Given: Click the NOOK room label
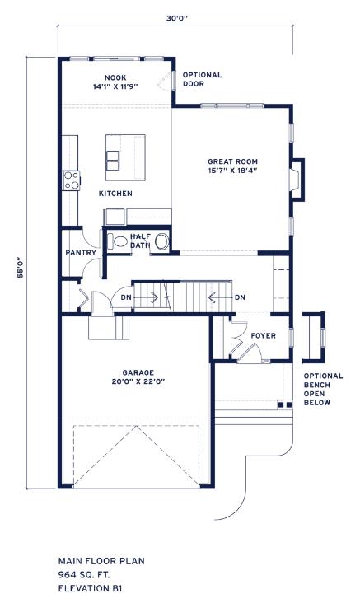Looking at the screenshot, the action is [x=115, y=77].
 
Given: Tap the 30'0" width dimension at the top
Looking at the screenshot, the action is [x=176, y=18].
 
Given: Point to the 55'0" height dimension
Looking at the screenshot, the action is [x=21, y=267].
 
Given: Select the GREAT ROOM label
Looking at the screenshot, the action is [x=232, y=161].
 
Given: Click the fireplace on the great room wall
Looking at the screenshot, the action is [x=297, y=180].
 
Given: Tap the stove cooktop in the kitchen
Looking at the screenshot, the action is [x=71, y=180].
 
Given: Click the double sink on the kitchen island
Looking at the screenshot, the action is [x=113, y=161].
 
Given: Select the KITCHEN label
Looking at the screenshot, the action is [x=115, y=194].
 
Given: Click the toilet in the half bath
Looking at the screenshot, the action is [x=118, y=241].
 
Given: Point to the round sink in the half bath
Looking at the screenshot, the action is [x=162, y=241].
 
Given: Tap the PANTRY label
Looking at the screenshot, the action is [x=81, y=253].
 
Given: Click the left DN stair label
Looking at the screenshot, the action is [x=126, y=297].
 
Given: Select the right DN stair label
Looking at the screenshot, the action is [x=240, y=297].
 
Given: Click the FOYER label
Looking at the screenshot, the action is [x=263, y=336].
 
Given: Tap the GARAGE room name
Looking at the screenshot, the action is [x=138, y=372].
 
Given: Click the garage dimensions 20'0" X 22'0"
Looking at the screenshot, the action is [x=138, y=381].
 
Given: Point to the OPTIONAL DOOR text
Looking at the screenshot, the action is [x=203, y=79].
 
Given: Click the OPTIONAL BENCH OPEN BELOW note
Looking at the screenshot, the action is [x=323, y=389].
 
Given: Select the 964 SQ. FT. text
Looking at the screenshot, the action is [x=84, y=574].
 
